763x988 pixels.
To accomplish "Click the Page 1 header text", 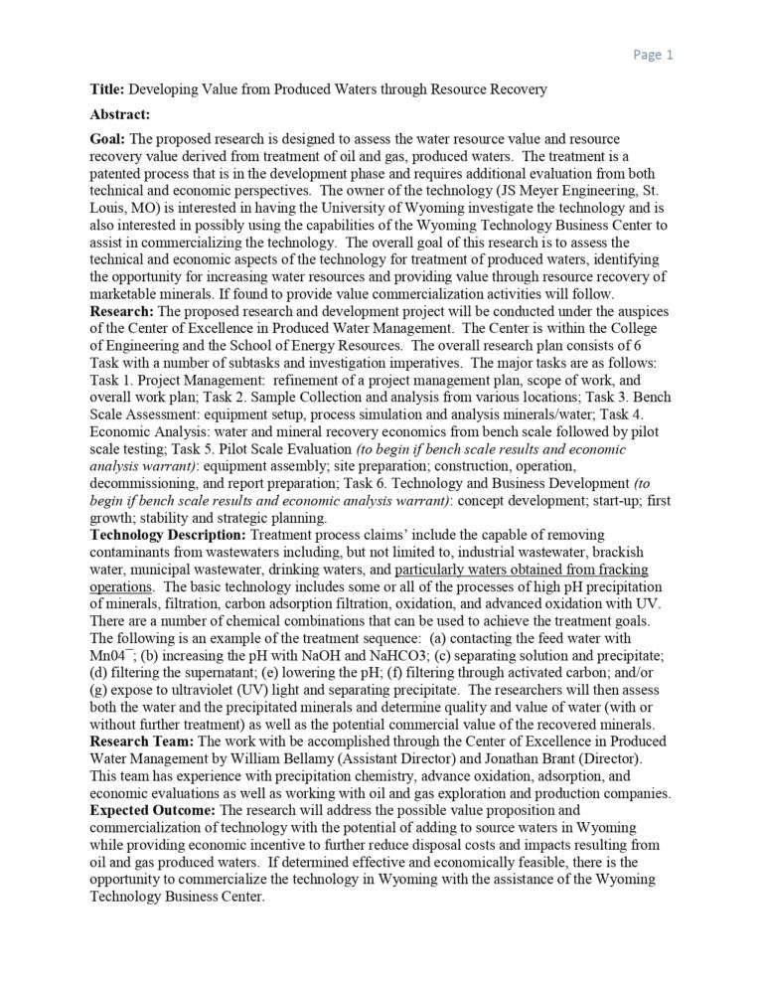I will pos(652,55).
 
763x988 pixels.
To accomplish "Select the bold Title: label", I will pos(106,89).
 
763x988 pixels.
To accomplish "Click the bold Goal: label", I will pos(107,139).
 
